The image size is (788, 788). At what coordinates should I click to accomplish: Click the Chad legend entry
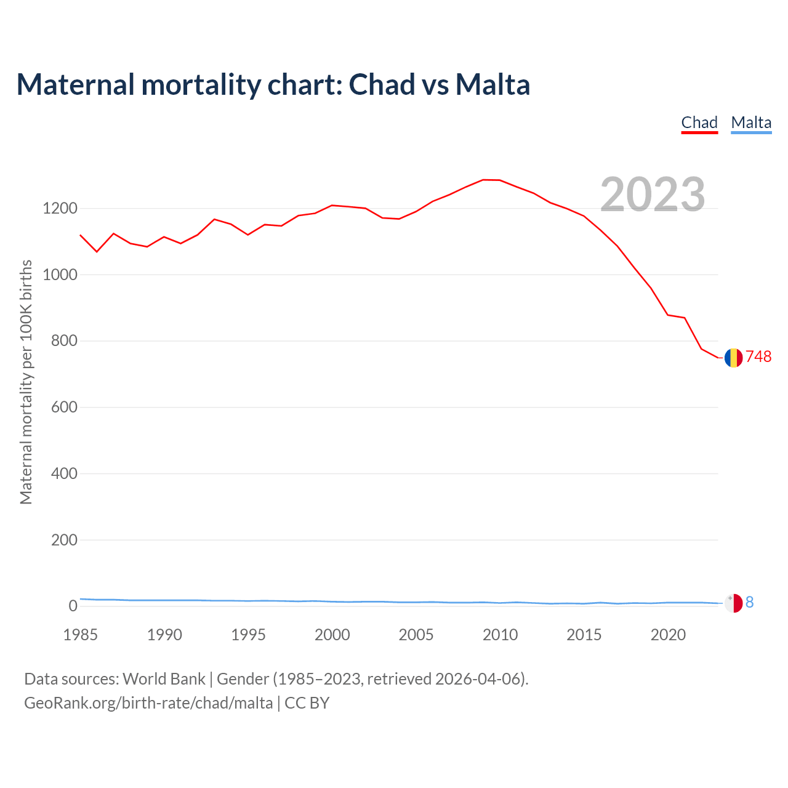[699, 123]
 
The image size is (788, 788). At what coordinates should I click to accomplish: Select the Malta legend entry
[751, 123]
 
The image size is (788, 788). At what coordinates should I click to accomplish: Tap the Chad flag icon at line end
[733, 358]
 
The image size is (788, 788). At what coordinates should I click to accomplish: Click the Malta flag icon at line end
[733, 603]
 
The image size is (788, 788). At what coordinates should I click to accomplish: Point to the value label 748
[758, 357]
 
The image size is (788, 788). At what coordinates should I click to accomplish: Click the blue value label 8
[749, 603]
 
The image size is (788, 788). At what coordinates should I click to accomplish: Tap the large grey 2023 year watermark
[653, 195]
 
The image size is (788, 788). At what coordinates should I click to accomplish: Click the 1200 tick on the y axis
[60, 209]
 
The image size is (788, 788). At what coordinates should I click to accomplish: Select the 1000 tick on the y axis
[60, 275]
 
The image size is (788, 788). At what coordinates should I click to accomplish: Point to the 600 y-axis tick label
[64, 408]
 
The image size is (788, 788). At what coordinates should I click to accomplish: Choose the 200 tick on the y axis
[64, 540]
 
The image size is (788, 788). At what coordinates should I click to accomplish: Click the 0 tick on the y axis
[73, 606]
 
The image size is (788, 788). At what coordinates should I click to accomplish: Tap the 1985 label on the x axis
[81, 635]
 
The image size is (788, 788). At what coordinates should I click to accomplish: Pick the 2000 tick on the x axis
[332, 635]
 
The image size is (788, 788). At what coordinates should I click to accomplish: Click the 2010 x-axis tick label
[500, 635]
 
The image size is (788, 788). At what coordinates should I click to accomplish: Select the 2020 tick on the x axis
[668, 635]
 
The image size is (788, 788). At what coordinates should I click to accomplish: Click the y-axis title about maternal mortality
[26, 382]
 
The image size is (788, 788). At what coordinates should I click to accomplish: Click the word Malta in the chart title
[492, 84]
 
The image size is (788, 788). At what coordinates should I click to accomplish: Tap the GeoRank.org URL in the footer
[148, 703]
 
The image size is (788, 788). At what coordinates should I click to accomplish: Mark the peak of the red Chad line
[484, 180]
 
